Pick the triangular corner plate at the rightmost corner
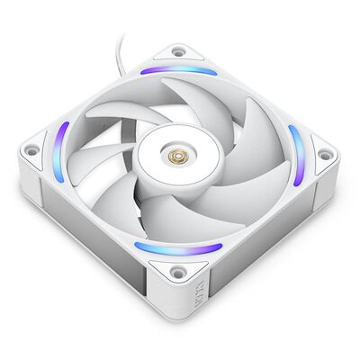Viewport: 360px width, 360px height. pyautogui.click(x=319, y=155)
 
